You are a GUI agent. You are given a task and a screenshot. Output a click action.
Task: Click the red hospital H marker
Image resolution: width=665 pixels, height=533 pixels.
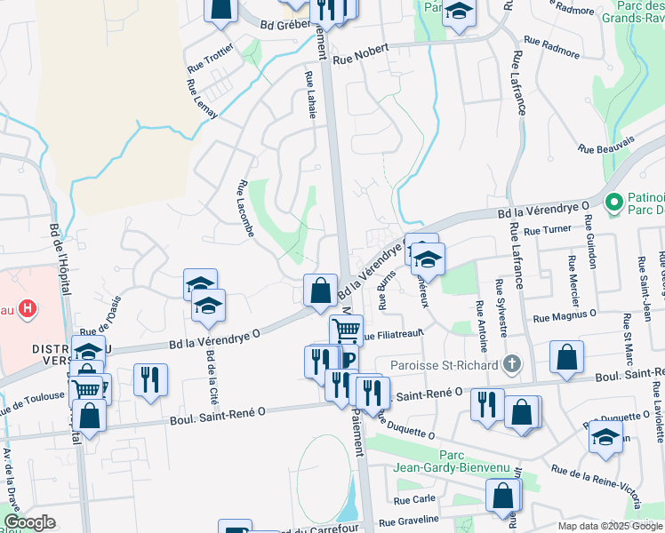click(x=28, y=309)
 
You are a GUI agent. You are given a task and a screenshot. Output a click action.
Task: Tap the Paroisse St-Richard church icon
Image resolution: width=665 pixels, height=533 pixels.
click(x=511, y=362)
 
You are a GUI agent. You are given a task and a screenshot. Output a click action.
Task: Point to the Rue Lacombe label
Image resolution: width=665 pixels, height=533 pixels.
click(x=246, y=209)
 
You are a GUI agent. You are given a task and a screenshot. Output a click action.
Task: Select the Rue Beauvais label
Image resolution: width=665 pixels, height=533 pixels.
click(x=606, y=143)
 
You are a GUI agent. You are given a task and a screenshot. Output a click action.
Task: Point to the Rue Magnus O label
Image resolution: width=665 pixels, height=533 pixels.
click(x=565, y=315)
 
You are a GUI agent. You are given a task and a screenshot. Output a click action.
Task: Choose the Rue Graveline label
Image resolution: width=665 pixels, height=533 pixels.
click(x=409, y=520)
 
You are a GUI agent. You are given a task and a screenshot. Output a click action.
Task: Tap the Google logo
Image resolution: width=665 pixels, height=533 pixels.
click(x=29, y=522)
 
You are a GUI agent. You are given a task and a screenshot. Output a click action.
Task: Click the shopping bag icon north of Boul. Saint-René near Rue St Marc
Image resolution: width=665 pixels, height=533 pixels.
click(x=566, y=357)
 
